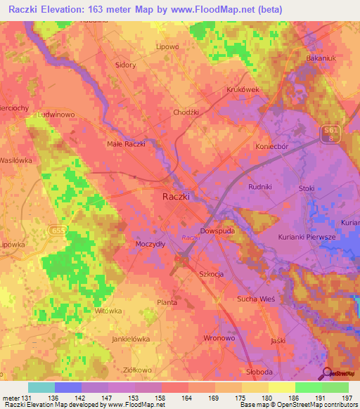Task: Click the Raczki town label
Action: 176,197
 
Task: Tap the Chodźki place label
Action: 187,112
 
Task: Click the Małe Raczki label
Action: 126,144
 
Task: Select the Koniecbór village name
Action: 253,146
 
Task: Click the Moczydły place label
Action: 149,244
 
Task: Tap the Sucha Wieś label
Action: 257,299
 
